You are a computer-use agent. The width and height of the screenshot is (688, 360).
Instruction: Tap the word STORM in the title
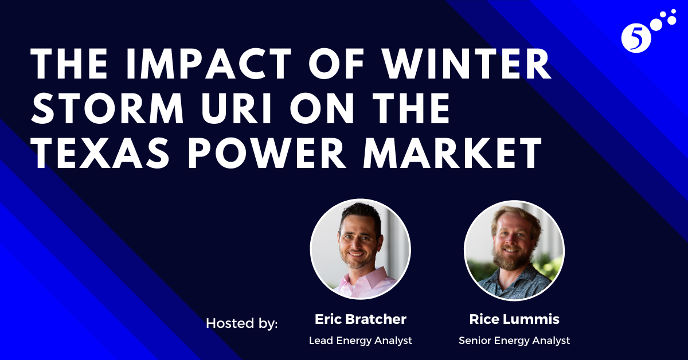click(x=108, y=108)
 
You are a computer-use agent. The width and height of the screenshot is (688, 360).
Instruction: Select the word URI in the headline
click(x=237, y=108)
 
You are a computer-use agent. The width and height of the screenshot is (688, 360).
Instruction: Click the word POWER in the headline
click(x=267, y=152)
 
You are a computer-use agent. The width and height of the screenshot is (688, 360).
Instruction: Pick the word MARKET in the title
click(x=452, y=152)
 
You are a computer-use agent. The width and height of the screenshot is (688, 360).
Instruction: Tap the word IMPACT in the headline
click(x=208, y=64)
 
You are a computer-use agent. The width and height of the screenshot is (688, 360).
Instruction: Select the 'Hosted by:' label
click(x=242, y=323)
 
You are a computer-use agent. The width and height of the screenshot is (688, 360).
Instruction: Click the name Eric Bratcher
click(x=361, y=319)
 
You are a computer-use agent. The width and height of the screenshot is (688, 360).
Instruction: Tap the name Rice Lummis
click(x=514, y=319)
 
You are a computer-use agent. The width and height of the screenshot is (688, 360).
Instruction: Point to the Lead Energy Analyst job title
click(x=361, y=341)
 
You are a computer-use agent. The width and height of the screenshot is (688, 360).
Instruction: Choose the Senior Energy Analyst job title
click(x=514, y=341)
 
